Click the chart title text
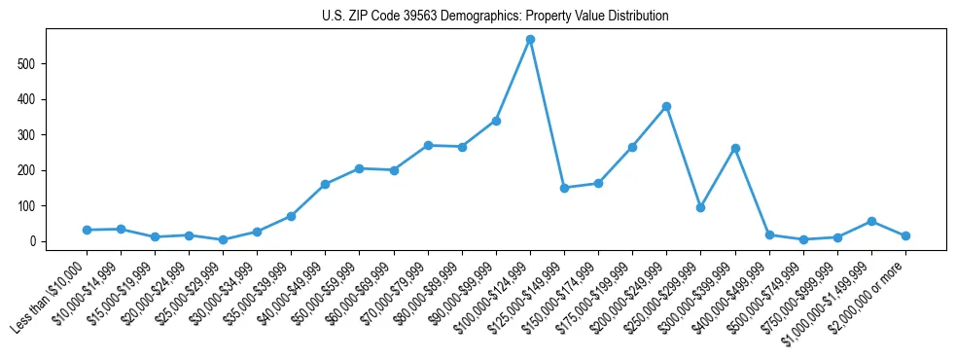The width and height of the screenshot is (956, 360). click(495, 17)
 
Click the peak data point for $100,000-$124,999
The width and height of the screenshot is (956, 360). click(530, 40)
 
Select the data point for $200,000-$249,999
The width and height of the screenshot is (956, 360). click(666, 106)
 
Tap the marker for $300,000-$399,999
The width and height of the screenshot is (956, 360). click(735, 148)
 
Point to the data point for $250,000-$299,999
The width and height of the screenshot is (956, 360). click(700, 207)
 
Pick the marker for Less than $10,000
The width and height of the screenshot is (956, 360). click(87, 230)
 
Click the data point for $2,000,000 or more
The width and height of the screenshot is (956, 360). click(905, 235)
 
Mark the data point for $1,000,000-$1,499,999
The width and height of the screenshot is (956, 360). click(871, 221)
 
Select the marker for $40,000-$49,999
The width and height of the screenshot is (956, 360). click(325, 184)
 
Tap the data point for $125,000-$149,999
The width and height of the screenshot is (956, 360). click(564, 188)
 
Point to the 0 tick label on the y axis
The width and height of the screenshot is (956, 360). click(34, 241)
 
